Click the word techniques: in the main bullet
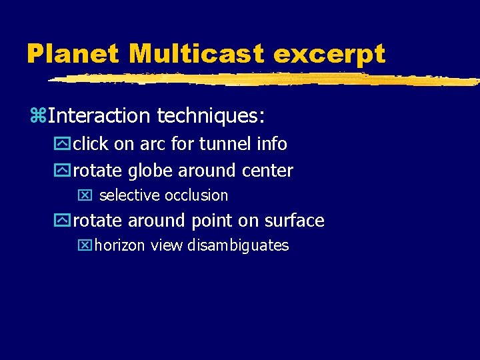(211, 116)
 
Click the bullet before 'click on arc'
(65, 144)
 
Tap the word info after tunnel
(273, 143)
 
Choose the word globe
(151, 171)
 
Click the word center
(267, 171)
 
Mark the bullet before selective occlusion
(84, 196)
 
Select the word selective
(129, 195)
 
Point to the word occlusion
(196, 195)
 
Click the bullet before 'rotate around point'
(65, 221)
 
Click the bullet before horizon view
(84, 246)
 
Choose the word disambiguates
(238, 245)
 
